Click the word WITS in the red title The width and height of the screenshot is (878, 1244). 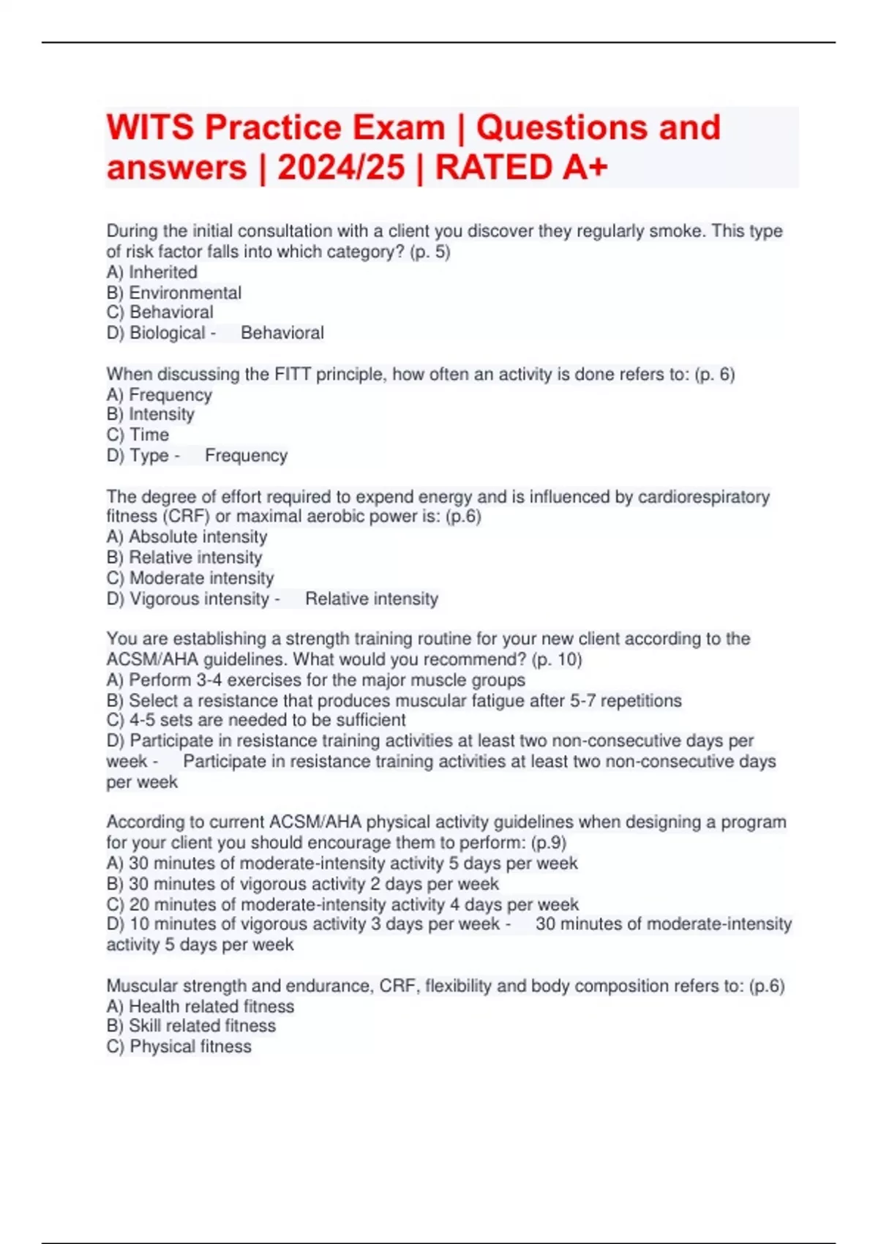coord(150,128)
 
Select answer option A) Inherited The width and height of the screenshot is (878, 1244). coord(152,272)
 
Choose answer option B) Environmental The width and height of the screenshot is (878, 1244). coord(174,293)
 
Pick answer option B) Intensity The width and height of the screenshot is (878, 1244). coord(151,414)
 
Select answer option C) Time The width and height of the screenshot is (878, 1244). coord(138,435)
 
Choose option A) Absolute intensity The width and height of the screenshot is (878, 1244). coord(187,536)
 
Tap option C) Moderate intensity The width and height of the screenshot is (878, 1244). coord(190,578)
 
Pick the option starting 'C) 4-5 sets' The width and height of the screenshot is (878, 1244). coord(256,720)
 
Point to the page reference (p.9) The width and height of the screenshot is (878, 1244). coord(548,842)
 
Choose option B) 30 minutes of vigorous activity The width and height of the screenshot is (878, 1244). coord(303,883)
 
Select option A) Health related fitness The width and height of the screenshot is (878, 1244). coord(200,1006)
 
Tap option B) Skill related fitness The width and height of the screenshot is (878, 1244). coord(191,1026)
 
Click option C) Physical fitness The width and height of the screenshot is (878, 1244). coord(179,1046)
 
